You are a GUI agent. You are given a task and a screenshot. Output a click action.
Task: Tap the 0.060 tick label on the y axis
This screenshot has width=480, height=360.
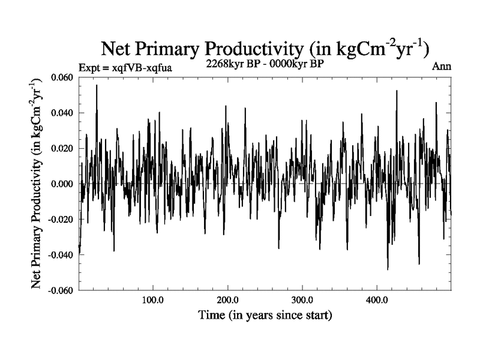(62, 78)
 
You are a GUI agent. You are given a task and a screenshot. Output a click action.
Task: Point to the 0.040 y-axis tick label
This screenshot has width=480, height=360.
(62, 113)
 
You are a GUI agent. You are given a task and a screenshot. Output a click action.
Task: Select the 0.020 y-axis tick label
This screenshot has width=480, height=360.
(62, 149)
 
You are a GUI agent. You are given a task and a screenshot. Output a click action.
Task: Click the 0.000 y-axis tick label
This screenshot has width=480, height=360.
(62, 184)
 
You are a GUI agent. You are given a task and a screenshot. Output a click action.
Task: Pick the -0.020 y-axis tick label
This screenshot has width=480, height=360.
(61, 220)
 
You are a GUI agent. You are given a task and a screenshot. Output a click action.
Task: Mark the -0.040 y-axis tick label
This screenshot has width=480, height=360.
(61, 255)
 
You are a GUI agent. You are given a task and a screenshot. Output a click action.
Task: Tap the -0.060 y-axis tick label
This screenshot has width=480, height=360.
(61, 290)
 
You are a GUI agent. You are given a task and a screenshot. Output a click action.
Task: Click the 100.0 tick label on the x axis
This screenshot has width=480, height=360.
(153, 300)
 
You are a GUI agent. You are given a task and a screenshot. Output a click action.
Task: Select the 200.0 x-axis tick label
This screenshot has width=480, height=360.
(227, 300)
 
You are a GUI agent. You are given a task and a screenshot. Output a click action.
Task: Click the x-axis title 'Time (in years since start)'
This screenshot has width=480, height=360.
(266, 314)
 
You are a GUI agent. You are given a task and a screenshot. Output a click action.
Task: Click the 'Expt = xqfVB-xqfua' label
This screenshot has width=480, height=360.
(125, 68)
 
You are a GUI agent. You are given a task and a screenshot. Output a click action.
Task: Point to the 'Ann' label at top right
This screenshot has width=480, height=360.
(442, 67)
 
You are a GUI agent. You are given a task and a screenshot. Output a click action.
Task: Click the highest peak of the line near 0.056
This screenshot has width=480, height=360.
(96, 86)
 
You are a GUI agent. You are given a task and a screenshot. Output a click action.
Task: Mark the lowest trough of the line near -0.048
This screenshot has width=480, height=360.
(388, 269)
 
